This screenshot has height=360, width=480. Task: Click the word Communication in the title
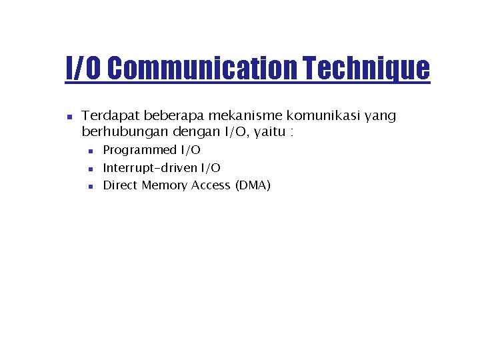click(x=201, y=68)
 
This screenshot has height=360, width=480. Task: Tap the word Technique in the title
click(x=366, y=68)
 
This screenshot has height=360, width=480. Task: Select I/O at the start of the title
click(x=83, y=68)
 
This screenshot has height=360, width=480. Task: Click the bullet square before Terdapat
click(x=69, y=117)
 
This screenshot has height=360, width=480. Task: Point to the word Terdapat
click(x=108, y=116)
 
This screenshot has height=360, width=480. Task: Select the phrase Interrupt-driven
click(x=150, y=168)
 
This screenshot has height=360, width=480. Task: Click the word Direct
click(x=120, y=185)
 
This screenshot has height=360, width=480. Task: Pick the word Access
click(x=211, y=185)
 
